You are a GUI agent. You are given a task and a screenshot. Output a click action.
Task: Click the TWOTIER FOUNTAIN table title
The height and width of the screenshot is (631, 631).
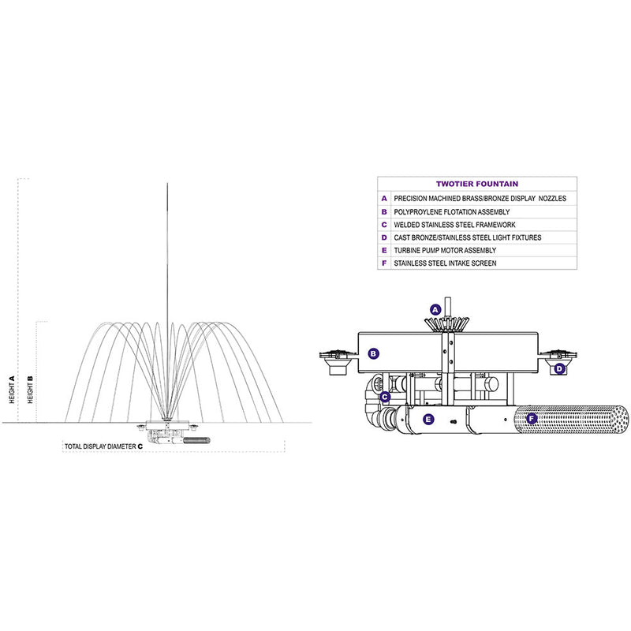(477, 184)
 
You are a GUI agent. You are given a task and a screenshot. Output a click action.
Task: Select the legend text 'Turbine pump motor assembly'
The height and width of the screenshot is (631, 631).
(445, 250)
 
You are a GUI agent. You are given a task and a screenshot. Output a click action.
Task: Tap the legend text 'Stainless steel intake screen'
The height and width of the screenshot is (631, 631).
(445, 263)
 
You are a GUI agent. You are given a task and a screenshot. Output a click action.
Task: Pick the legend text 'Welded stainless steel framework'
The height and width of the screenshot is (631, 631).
(454, 225)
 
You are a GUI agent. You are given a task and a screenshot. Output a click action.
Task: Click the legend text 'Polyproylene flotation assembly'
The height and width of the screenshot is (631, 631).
(451, 211)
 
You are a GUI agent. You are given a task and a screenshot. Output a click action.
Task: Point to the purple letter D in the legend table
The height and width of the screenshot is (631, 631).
(384, 237)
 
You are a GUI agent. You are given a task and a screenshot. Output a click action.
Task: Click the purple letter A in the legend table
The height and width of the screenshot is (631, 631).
(384, 199)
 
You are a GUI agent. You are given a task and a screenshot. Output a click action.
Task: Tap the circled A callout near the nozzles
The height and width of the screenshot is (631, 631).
(435, 310)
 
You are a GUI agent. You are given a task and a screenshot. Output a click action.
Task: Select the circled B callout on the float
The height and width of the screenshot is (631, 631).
(374, 353)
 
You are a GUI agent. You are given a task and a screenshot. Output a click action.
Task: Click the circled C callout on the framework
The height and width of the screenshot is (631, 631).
(385, 398)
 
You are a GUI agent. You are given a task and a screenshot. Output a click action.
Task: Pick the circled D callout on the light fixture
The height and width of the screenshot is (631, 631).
(560, 368)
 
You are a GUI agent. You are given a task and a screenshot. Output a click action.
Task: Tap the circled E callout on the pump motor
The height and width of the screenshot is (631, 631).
(428, 420)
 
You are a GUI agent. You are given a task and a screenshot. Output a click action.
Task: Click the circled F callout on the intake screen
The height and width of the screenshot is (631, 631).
(532, 419)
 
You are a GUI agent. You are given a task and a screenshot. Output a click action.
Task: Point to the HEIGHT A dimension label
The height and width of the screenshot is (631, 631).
(12, 390)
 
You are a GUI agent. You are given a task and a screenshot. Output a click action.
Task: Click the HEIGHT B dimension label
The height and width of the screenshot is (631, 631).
(30, 390)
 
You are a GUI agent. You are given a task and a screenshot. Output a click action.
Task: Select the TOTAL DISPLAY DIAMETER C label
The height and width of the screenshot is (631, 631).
(104, 446)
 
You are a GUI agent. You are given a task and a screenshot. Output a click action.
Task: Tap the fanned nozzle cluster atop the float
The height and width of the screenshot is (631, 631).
(447, 323)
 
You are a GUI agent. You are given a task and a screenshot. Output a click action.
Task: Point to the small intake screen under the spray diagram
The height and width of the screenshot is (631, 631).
(196, 440)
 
